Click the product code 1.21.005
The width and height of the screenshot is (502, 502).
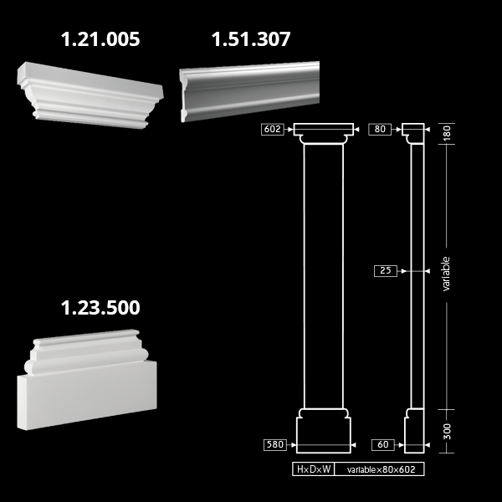(100, 39)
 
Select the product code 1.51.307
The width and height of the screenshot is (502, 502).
(251, 39)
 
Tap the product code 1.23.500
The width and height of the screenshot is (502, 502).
(100, 307)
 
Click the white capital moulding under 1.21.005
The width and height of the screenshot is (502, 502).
(90, 95)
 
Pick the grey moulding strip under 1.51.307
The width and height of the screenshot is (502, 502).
(249, 91)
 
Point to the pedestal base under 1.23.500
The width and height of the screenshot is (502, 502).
(87, 380)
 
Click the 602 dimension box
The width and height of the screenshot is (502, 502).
(273, 130)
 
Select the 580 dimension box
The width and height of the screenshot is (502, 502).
(275, 445)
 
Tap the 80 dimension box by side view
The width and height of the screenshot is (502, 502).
(380, 130)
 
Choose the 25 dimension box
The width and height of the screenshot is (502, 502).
(386, 271)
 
